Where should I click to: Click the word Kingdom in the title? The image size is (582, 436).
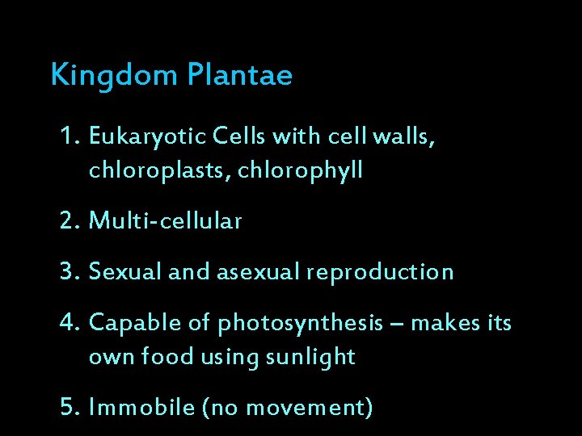[114, 76]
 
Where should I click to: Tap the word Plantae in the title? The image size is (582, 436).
[239, 75]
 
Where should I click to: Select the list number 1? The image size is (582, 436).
[69, 138]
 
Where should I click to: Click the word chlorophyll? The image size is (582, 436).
[301, 171]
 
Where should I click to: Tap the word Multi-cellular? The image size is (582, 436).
[166, 221]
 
